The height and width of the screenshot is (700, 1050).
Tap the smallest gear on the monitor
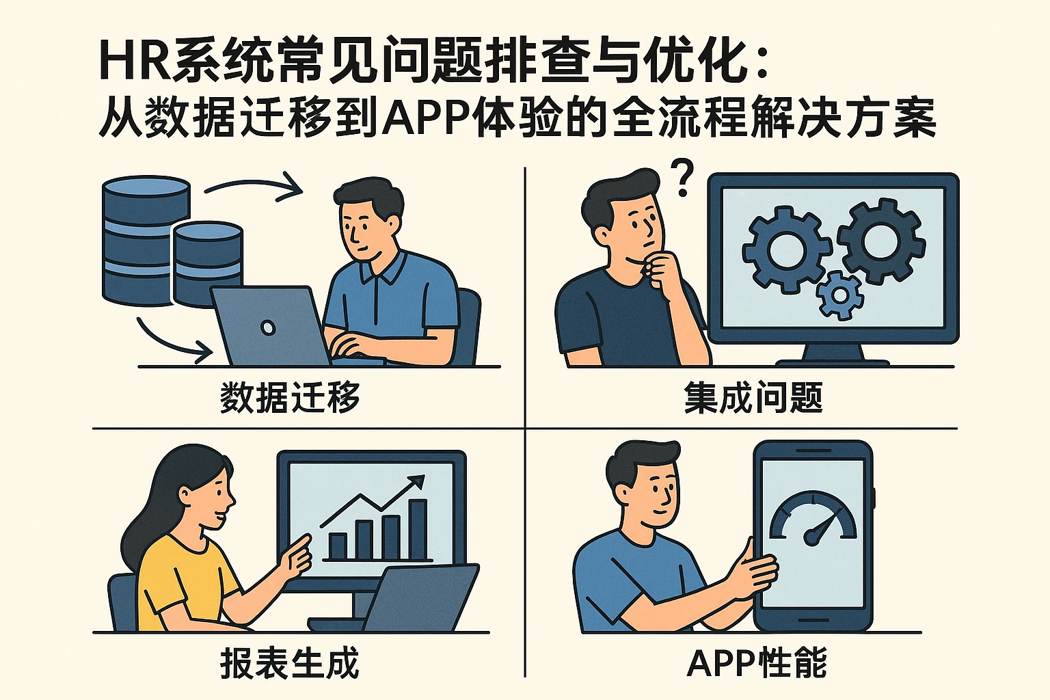pyautogui.click(x=839, y=295)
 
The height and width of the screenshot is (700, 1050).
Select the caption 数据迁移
pyautogui.click(x=290, y=396)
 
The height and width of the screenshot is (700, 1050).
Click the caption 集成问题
pyautogui.click(x=753, y=396)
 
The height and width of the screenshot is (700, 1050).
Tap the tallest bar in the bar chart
pyautogui.click(x=418, y=530)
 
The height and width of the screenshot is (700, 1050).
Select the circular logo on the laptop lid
pyautogui.click(x=269, y=328)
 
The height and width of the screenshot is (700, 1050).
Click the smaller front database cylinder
pyautogui.click(x=208, y=263)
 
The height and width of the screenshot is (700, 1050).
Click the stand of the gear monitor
pyautogui.click(x=832, y=354)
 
